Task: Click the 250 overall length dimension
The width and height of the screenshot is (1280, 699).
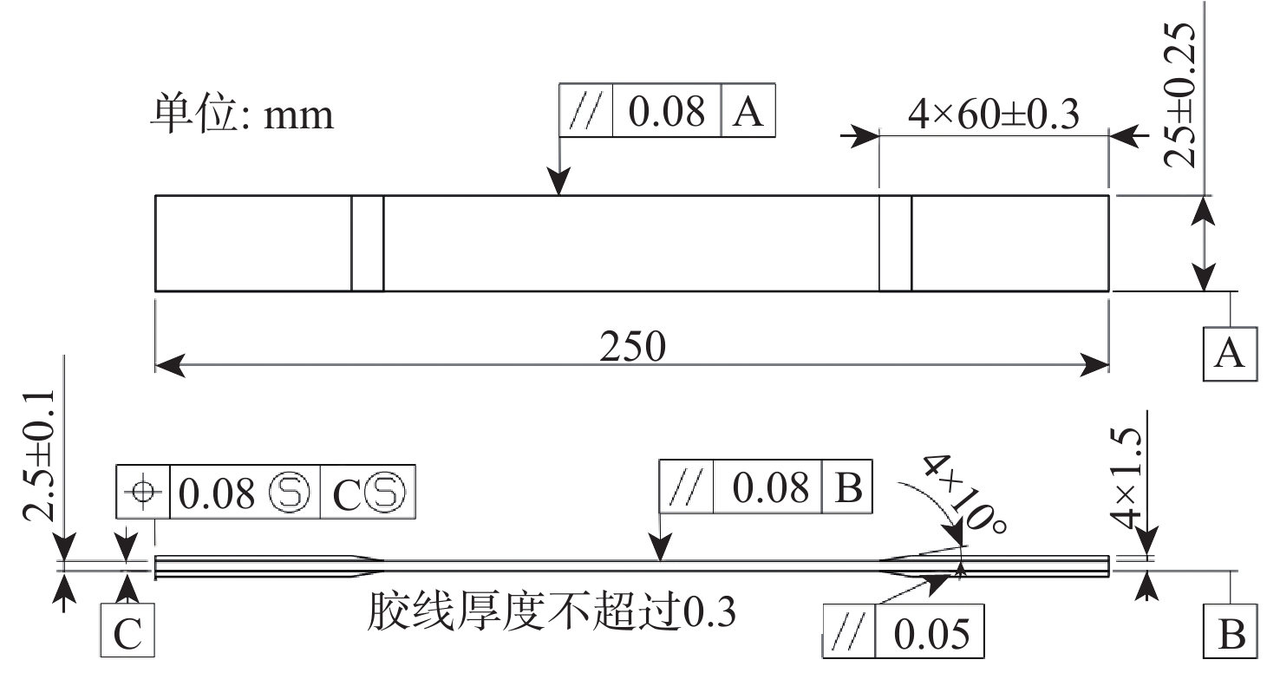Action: point(632,346)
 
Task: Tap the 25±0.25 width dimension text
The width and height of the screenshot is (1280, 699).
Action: point(1179,95)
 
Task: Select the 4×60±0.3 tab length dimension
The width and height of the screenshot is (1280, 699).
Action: point(994,114)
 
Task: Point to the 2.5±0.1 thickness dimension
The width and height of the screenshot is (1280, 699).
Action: point(39,456)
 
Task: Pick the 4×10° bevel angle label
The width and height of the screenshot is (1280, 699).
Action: point(964,493)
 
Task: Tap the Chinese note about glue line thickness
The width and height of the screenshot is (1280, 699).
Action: point(552,611)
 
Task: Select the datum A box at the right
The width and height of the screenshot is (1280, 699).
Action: point(1231,354)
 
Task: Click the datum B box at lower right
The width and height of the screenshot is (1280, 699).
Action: point(1231,631)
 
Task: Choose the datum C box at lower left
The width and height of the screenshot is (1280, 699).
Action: point(127,631)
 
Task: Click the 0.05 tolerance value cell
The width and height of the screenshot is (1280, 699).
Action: point(930,631)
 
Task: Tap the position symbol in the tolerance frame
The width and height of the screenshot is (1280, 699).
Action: point(143,492)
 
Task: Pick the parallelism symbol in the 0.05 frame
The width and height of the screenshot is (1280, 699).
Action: point(849,631)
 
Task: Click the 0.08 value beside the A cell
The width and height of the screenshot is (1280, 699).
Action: point(666,111)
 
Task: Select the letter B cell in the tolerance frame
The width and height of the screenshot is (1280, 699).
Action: point(847,487)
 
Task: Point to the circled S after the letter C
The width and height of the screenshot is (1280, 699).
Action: point(384,492)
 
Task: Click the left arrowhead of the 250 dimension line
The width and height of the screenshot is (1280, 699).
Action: point(170,365)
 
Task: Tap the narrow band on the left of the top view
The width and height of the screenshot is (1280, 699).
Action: point(368,244)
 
